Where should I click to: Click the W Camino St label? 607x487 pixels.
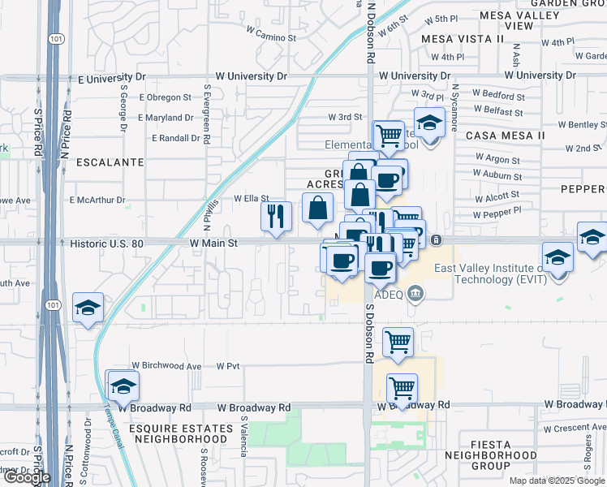coord(272,35)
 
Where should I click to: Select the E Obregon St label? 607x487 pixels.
coord(165,97)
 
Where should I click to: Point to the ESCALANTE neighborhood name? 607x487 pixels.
coord(110,162)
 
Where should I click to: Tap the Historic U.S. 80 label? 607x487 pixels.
coord(108,243)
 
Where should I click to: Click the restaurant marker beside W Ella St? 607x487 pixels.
coord(276,217)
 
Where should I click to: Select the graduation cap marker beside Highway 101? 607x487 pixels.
coord(88,308)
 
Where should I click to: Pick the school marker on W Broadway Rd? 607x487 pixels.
coord(123,386)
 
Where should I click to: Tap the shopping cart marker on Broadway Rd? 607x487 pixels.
coord(402,390)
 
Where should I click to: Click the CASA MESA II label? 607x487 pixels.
coord(505,136)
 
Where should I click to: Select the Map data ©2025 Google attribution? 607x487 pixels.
coord(557,481)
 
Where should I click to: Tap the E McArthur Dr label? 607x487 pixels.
coord(98,200)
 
